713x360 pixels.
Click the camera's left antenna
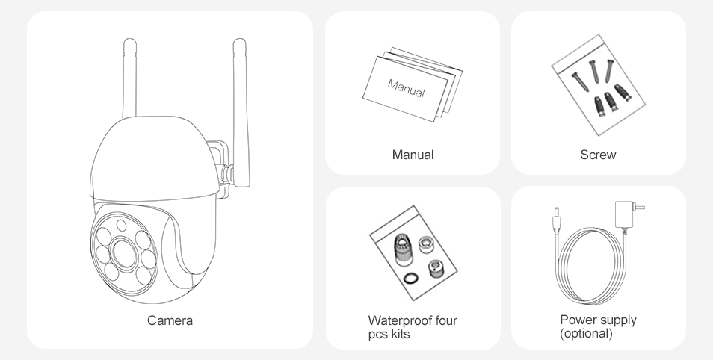pos(129,78)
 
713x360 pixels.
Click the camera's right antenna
pos(241,112)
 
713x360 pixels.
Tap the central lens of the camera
pos(124,254)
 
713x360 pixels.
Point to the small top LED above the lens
pos(121,225)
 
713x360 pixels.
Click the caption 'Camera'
pos(170,320)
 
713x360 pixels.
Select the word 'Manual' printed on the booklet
pos(406,88)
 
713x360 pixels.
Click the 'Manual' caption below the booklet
pos(413,155)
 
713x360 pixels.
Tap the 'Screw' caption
pos(598,155)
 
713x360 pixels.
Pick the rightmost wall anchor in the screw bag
pos(623,93)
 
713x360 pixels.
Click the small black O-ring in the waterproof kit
pos(411,278)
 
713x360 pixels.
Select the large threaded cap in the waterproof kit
pos(403,249)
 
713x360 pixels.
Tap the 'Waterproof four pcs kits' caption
pos(413,327)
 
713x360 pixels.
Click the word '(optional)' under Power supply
pos(586,333)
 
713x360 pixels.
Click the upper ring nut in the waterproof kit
pos(425,245)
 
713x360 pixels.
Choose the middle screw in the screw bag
pos(594,72)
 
